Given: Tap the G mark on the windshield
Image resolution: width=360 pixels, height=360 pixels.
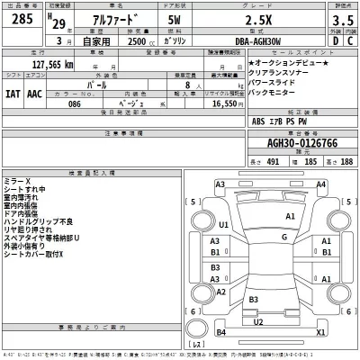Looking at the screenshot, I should coord(283,238).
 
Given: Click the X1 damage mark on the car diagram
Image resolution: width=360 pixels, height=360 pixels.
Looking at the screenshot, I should coord(320,331).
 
